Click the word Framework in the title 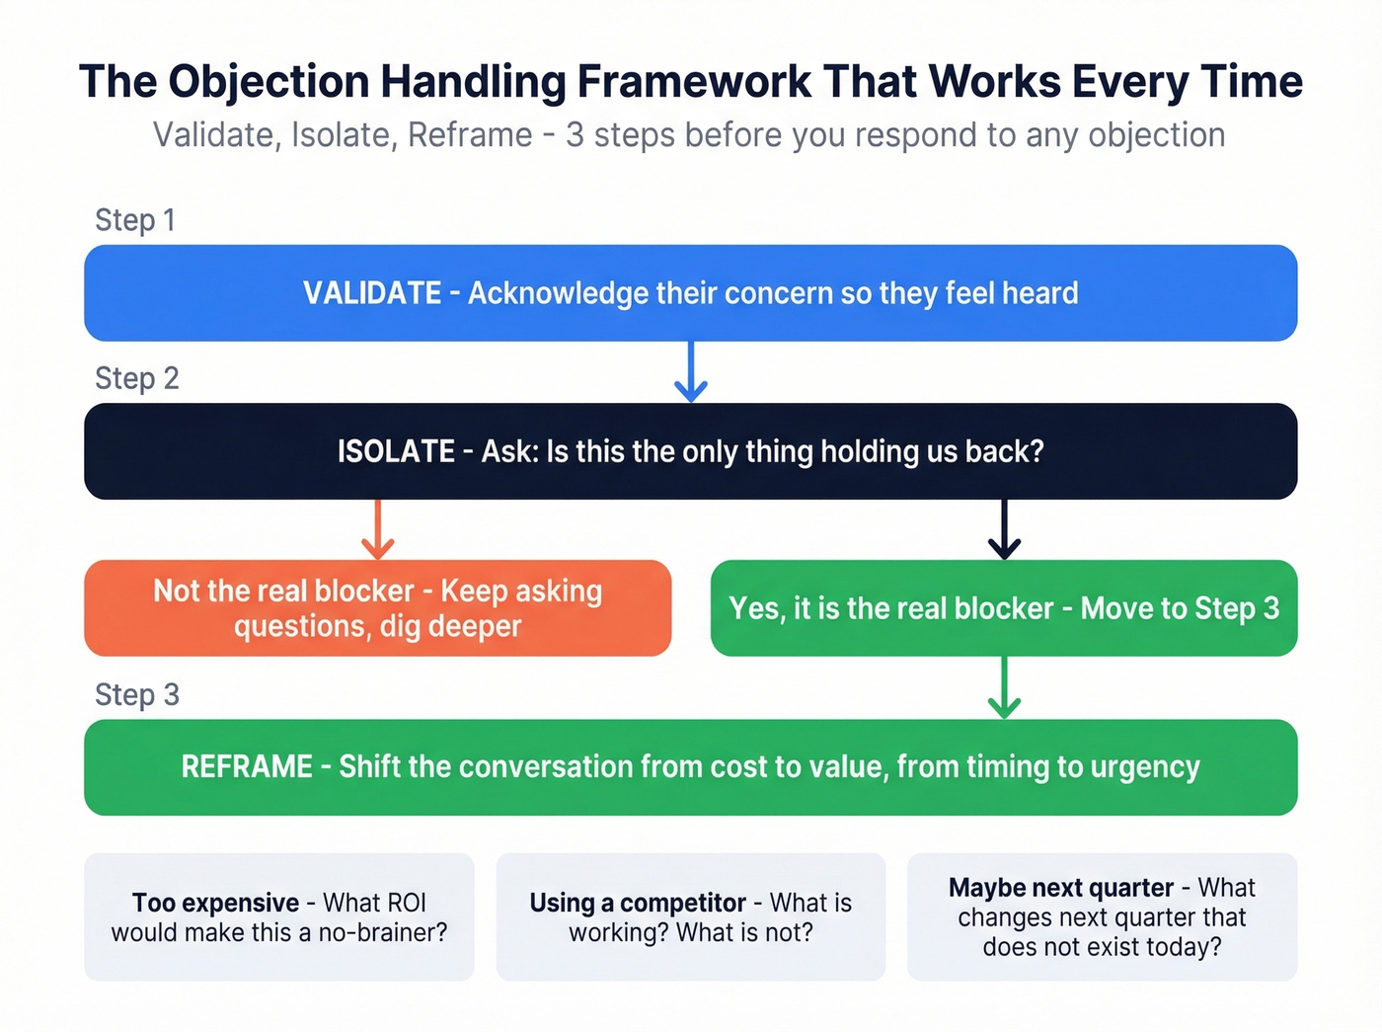695,82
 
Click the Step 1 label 135,220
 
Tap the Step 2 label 136,378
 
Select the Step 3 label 136,695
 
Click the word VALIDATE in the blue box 372,293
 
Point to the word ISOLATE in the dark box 396,451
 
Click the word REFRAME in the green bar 247,767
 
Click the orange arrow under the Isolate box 377,530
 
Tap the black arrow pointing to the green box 1004,530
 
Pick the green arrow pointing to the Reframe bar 1004,688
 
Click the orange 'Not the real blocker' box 377,608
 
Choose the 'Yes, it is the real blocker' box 1004,608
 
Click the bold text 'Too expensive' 215,903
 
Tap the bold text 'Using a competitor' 637,903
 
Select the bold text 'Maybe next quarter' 1061,888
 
